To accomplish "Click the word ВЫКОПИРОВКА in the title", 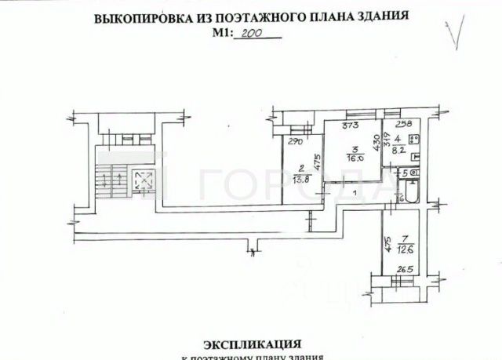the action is click(x=140, y=19).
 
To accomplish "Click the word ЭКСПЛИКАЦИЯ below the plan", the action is click(x=253, y=344).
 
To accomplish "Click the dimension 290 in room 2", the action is click(x=295, y=142).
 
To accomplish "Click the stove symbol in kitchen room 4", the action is click(x=417, y=140).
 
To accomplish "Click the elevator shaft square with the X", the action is click(x=143, y=181).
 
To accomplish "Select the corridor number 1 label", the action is click(x=355, y=192).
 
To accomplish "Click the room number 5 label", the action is click(x=405, y=173).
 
